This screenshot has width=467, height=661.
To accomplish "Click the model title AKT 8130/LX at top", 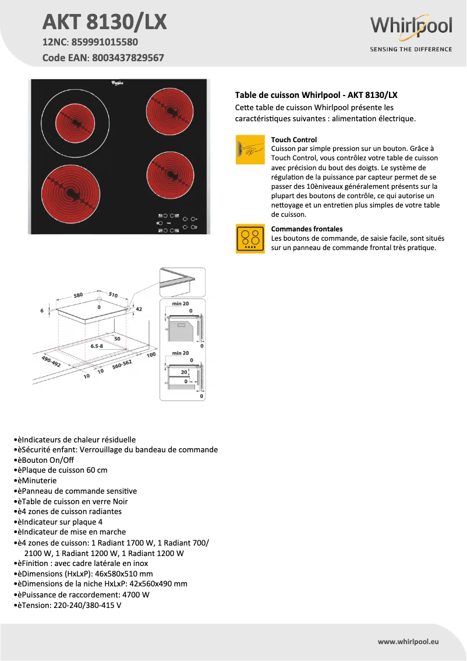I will (x=105, y=22).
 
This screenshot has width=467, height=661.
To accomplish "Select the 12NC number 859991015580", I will (x=105, y=43).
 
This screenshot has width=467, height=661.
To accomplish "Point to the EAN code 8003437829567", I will (x=125, y=58).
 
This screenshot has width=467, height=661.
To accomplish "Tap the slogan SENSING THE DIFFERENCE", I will (x=411, y=49).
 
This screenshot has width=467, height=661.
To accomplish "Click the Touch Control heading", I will (x=294, y=140).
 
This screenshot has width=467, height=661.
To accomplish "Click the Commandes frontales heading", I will (x=307, y=229).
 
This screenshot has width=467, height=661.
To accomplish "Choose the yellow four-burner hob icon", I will (x=250, y=238).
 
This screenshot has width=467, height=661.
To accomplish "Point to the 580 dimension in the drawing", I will (x=78, y=296).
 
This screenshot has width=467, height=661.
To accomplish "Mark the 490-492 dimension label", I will (x=51, y=361).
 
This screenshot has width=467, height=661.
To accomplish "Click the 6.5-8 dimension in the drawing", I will (x=97, y=346).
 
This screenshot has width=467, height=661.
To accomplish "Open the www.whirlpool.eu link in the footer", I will (x=407, y=641).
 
